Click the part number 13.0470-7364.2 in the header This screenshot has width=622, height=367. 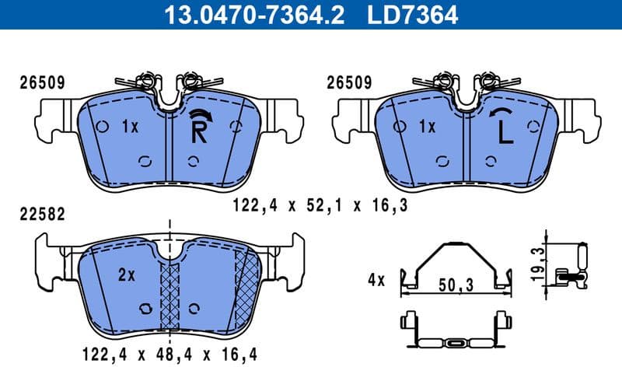(x=250, y=13)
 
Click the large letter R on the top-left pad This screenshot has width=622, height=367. (x=199, y=133)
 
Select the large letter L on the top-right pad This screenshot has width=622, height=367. (x=505, y=133)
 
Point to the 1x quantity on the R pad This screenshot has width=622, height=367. (x=129, y=126)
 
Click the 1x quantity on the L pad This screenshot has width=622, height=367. (x=426, y=126)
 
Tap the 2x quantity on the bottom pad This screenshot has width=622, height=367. (x=127, y=274)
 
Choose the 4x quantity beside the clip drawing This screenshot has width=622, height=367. (x=376, y=279)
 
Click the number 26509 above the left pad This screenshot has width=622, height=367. (x=41, y=82)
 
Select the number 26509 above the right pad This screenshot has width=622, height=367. (x=349, y=82)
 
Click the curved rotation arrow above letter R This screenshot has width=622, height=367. (x=199, y=114)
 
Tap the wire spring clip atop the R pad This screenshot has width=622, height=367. (x=167, y=82)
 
